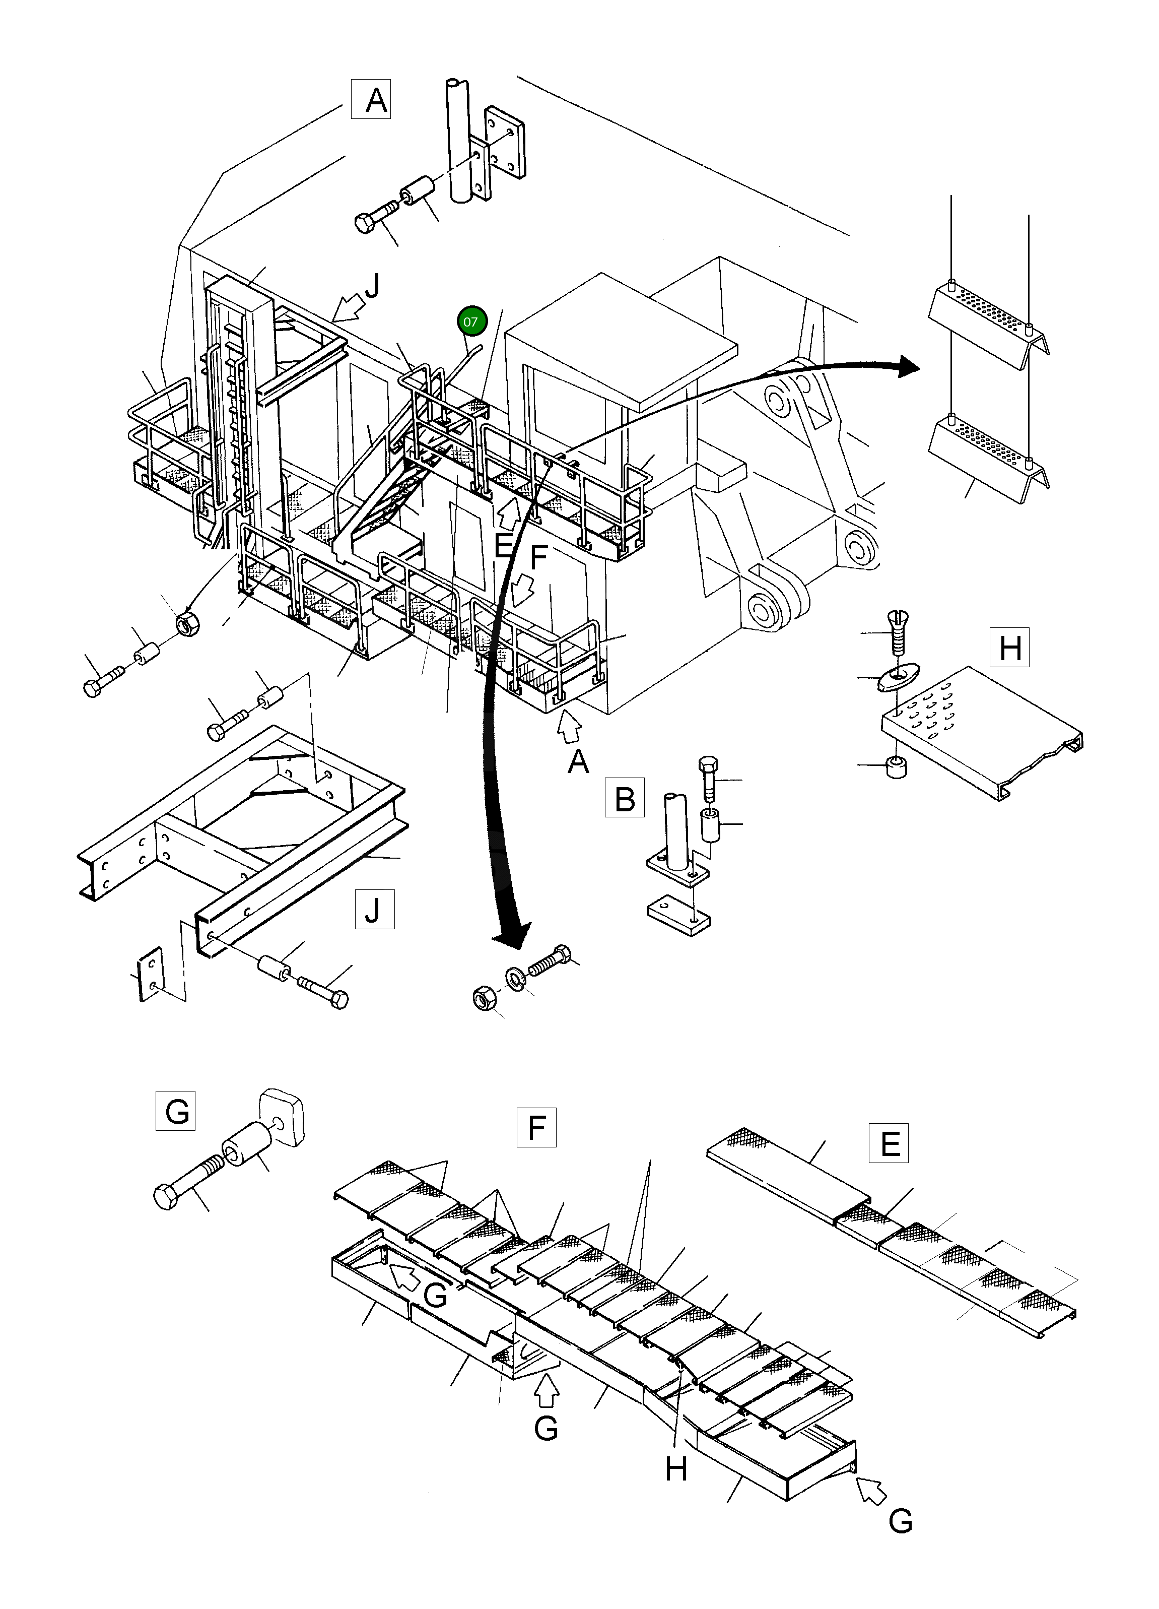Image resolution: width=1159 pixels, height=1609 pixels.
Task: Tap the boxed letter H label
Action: coord(1009,647)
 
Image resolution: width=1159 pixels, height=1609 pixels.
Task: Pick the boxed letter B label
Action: coord(624,798)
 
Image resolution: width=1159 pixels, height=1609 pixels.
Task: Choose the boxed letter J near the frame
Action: coord(374,910)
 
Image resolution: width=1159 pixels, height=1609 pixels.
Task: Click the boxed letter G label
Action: coord(175,1110)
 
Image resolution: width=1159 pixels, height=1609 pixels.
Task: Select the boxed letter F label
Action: coord(536,1127)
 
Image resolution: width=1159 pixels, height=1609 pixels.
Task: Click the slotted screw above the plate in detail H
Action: coord(898,633)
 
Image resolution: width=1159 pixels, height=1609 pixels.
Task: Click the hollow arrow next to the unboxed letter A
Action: coord(570,727)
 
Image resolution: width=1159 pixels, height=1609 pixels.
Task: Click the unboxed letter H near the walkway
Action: coord(676,1468)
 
